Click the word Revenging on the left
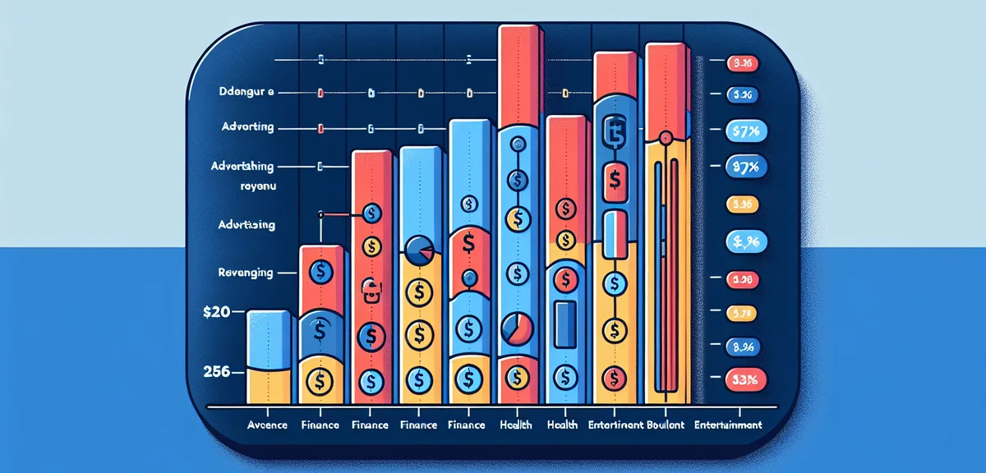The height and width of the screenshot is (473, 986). pyautogui.click(x=246, y=272)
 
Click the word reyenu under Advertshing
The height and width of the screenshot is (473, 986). pyautogui.click(x=255, y=186)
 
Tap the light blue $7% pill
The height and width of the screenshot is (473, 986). pyautogui.click(x=747, y=131)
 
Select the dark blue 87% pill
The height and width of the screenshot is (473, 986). pyautogui.click(x=747, y=167)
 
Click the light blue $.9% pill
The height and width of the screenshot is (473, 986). pyautogui.click(x=747, y=241)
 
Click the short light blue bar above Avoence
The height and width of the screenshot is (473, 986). pyautogui.click(x=269, y=340)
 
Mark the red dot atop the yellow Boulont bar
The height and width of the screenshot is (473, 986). pyautogui.click(x=666, y=136)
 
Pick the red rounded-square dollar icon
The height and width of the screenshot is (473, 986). pyautogui.click(x=612, y=180)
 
